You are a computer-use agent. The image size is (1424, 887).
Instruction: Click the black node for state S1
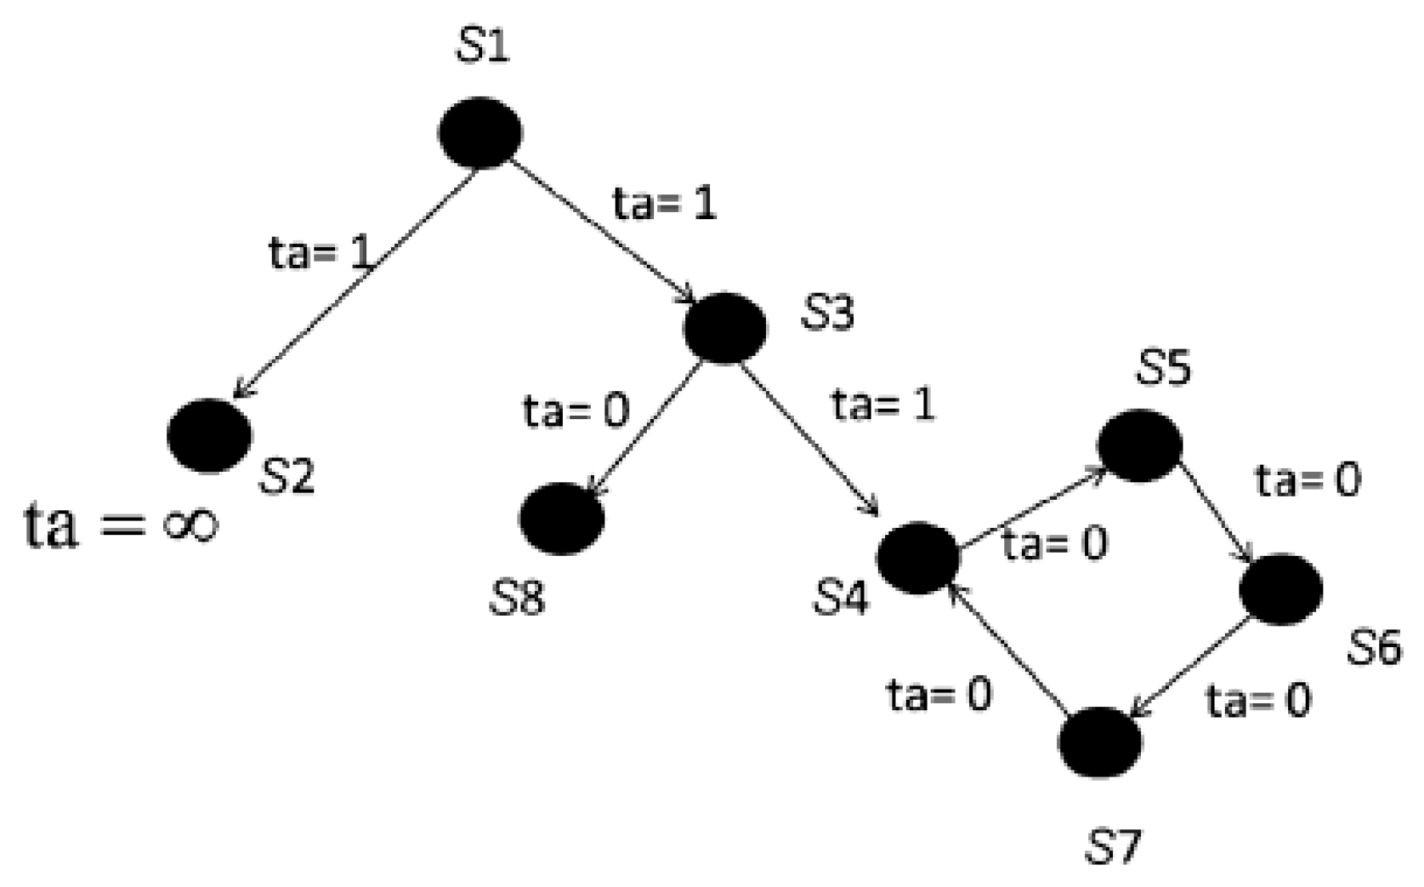480,133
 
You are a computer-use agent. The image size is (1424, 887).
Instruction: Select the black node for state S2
209,436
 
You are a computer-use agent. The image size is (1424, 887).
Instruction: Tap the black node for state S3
725,328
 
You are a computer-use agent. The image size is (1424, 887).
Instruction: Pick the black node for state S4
918,557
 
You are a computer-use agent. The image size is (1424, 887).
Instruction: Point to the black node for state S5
1139,445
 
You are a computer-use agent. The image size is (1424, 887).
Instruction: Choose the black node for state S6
1281,589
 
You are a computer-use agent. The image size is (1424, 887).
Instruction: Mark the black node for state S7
1100,742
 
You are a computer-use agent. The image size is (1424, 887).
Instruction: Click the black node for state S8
562,518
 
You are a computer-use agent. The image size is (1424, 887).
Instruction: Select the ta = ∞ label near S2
120,525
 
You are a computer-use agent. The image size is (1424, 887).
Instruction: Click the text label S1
482,48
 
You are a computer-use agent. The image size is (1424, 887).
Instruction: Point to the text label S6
1374,647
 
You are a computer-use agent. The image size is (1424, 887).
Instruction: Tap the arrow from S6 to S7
1191,669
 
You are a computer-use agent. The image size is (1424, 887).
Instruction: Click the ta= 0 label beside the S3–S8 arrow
576,411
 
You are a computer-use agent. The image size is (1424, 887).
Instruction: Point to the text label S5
1163,368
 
